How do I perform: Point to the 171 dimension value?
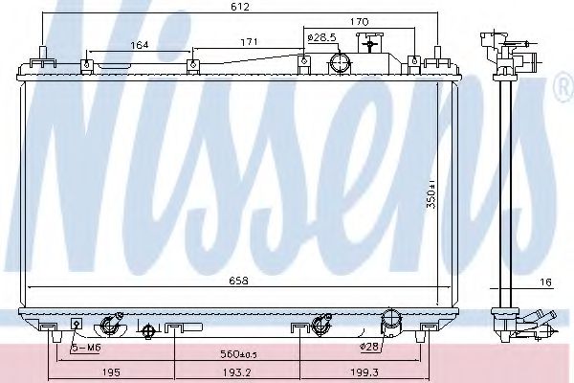coord(247,43)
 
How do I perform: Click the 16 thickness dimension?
coord(545,282)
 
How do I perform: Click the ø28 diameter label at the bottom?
coord(371,347)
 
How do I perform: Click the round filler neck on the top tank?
coord(339,63)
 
